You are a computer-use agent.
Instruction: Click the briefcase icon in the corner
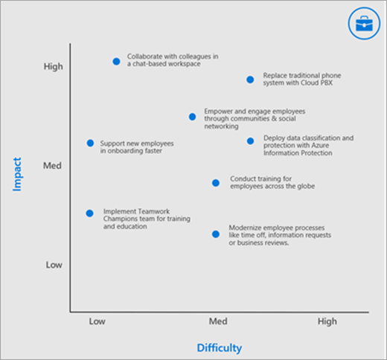[x=363, y=24]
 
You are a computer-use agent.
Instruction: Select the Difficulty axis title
[x=219, y=347]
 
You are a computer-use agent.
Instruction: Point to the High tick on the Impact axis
[x=54, y=66]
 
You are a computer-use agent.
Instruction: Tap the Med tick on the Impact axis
[x=52, y=165]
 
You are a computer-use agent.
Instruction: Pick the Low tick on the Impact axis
[x=54, y=265]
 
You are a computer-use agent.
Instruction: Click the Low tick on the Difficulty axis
[x=97, y=321]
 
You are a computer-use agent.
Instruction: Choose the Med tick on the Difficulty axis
[x=217, y=321]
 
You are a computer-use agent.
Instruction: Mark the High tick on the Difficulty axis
[x=327, y=321]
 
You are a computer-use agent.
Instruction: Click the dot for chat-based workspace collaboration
[x=116, y=61]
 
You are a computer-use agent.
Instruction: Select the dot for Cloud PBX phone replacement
[x=250, y=79]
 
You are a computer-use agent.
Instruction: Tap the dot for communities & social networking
[x=192, y=117]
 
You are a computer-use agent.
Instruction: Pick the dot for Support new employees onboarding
[x=90, y=143]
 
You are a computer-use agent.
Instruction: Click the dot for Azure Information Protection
[x=250, y=141]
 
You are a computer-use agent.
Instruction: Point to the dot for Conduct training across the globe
[x=216, y=182]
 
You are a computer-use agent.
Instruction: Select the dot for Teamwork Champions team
[x=89, y=213]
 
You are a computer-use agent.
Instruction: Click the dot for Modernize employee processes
[x=216, y=234]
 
